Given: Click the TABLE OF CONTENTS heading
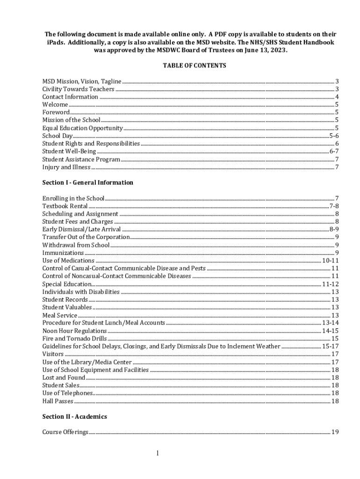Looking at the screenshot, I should pos(194,66).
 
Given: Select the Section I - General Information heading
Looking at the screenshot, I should pos(88,182).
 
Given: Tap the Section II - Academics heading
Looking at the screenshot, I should pos(75,416).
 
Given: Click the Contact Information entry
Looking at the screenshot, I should pos(70,97).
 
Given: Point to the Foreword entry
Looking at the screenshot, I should pos(56,112).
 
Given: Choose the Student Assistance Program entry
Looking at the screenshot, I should pos(81,159).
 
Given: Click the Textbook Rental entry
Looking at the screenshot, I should pos(65,206).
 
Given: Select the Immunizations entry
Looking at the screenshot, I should pos(63,253).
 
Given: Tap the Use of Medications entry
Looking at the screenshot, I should pos(68,261).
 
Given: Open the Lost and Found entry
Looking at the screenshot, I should pos(64,377).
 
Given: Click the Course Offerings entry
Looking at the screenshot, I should pos(65,432).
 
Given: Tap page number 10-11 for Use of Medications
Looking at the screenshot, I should pos(330,261).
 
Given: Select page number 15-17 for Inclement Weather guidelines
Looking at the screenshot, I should pos(330,346).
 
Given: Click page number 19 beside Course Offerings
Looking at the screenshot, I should pos(335,432).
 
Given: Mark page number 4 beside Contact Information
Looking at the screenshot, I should pos(337,97).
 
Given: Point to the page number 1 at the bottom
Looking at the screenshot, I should pos(158,453).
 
